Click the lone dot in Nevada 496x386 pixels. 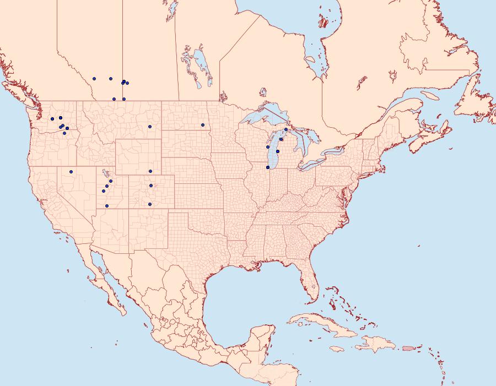71,171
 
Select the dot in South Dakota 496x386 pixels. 202,125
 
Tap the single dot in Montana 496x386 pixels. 149,127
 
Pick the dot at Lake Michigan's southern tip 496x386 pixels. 268,167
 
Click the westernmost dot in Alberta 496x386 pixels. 95,79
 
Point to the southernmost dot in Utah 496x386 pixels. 107,206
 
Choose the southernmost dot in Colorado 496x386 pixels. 149,204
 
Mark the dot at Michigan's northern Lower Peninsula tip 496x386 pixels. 285,129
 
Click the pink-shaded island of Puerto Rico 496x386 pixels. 408,348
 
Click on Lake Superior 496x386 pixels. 262,117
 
